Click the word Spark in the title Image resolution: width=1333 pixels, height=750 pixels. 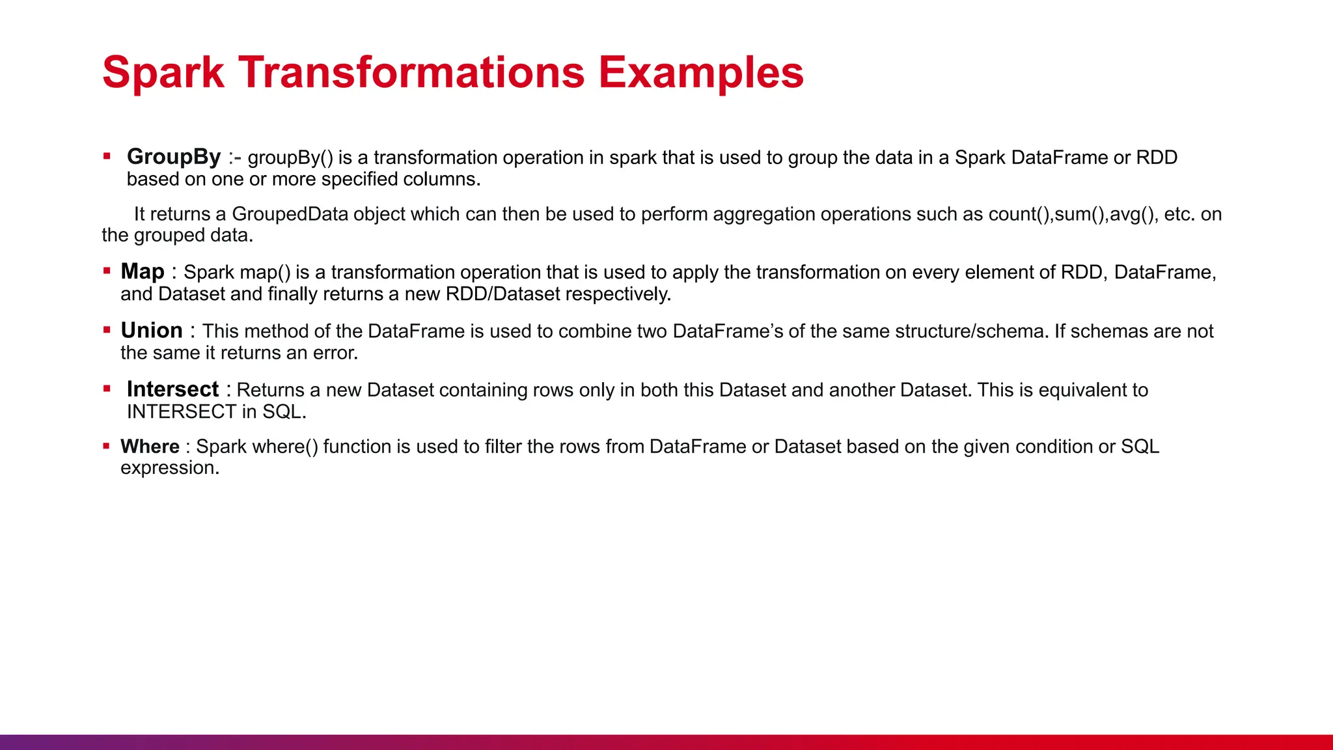coord(163,72)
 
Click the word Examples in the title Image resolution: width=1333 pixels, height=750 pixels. coord(701,72)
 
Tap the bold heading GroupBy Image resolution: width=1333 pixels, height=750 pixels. coord(174,157)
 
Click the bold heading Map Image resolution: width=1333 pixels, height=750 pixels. coord(143,271)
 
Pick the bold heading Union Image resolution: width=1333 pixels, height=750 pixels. coord(152,331)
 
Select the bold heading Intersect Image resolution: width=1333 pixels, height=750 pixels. coord(172,389)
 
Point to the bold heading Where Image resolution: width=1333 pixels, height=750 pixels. coord(150,447)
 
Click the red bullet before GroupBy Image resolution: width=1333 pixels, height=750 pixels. coord(107,156)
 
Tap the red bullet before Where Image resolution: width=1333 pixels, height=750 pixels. coord(106,446)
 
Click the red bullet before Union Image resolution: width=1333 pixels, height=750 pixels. coord(107,330)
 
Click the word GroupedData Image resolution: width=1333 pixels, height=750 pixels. coord(290,214)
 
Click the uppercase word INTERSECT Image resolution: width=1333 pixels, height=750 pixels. coord(182,411)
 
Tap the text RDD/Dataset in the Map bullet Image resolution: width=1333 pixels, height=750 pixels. coord(502,294)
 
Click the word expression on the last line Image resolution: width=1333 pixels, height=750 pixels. coord(168,468)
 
